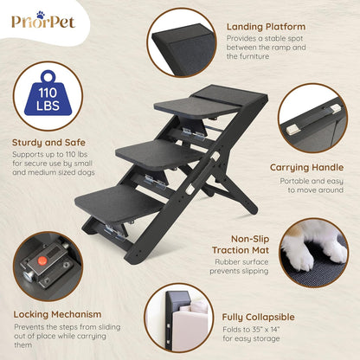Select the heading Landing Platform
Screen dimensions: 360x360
tap(266, 27)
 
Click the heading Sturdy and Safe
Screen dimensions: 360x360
tap(48, 142)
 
